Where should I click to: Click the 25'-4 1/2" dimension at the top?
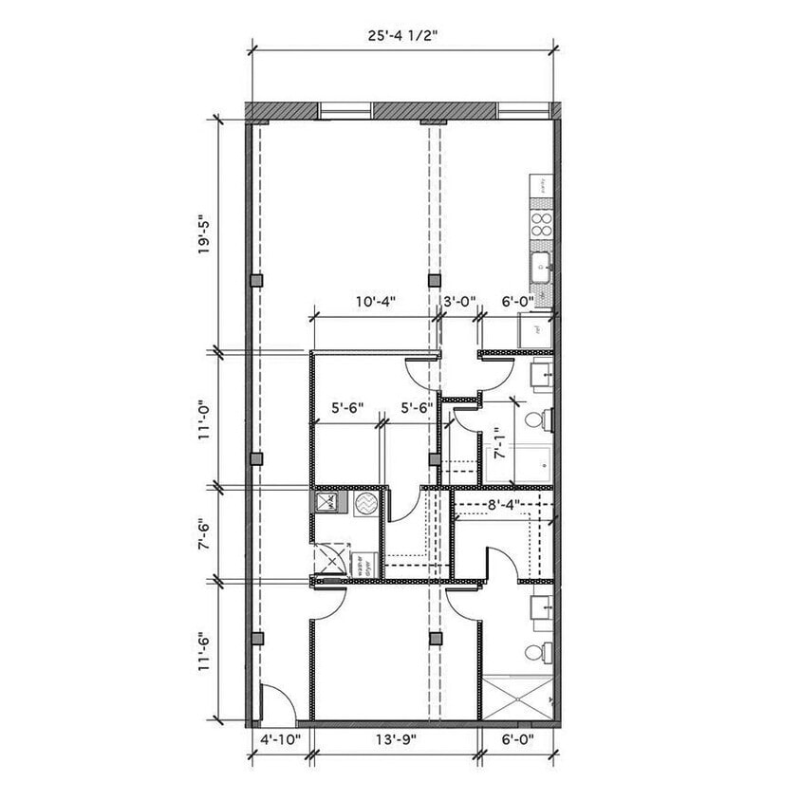401,36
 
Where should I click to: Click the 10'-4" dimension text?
375,302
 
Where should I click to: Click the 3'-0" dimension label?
460,302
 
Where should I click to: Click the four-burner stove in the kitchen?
541,226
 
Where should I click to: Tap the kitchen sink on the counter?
542,267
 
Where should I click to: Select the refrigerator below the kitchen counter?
536,330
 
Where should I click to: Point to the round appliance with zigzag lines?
365,504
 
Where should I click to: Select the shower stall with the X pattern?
516,697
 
